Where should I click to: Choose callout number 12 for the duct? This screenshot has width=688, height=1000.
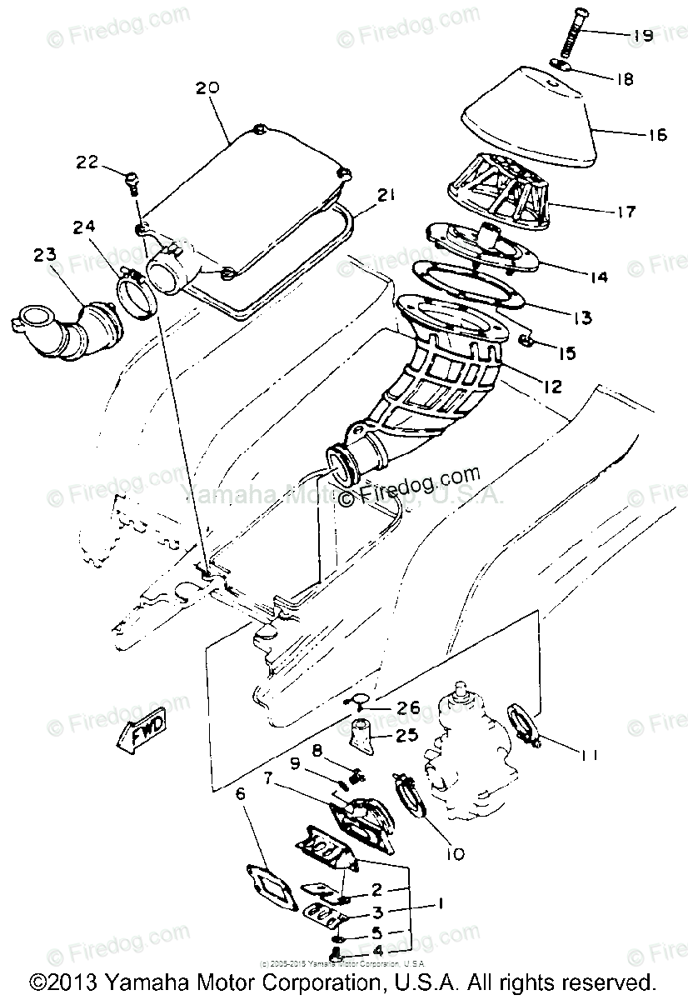click(552, 386)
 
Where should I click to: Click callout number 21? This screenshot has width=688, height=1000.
click(385, 195)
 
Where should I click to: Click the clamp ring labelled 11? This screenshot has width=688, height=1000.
click(521, 722)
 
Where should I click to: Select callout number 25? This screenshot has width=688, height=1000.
click(406, 737)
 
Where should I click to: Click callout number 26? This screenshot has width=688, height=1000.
click(407, 707)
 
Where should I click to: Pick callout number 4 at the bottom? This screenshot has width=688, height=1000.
click(377, 949)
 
